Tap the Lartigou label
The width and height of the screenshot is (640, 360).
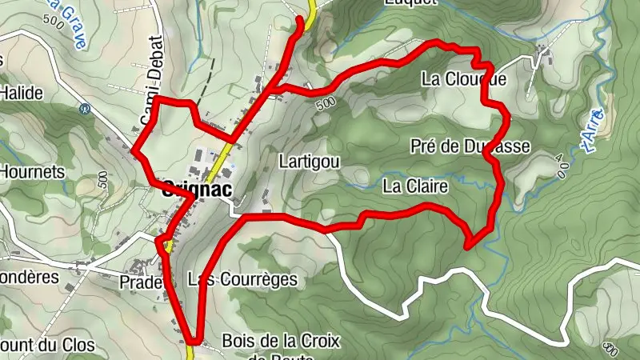coord(310,162)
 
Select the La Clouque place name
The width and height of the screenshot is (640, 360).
coord(464,80)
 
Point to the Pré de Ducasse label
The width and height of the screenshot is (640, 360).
coord(470,146)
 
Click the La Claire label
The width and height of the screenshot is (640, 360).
coord(414,186)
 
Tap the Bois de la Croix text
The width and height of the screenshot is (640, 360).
coord(281,342)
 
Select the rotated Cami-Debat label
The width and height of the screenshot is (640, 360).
coord(151,80)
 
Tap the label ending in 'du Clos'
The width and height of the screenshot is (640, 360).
coord(48,346)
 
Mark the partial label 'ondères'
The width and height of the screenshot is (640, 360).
coord(30,278)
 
